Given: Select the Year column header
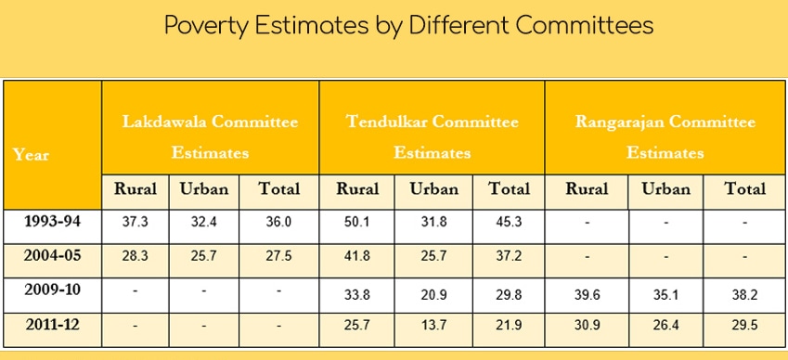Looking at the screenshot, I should (x=32, y=154).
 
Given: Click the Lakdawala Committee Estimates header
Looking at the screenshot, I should (x=211, y=136).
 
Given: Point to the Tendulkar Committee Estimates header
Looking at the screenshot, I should (x=432, y=136).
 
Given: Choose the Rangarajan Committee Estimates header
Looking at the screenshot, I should (x=665, y=136).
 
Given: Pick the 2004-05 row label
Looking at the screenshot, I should (x=52, y=255).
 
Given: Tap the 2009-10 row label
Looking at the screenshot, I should (x=52, y=290).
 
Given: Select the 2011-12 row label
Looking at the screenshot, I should (x=52, y=326).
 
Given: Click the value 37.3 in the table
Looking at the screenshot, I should (x=136, y=222).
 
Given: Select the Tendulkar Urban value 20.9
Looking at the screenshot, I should (x=433, y=292).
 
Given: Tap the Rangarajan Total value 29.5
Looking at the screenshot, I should (x=744, y=328).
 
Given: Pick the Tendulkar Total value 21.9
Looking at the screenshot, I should (x=509, y=328).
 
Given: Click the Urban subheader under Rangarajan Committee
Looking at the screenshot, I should (x=665, y=188).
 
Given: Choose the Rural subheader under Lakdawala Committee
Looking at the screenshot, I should (x=136, y=188).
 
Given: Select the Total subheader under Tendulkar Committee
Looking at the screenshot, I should (x=509, y=188).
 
